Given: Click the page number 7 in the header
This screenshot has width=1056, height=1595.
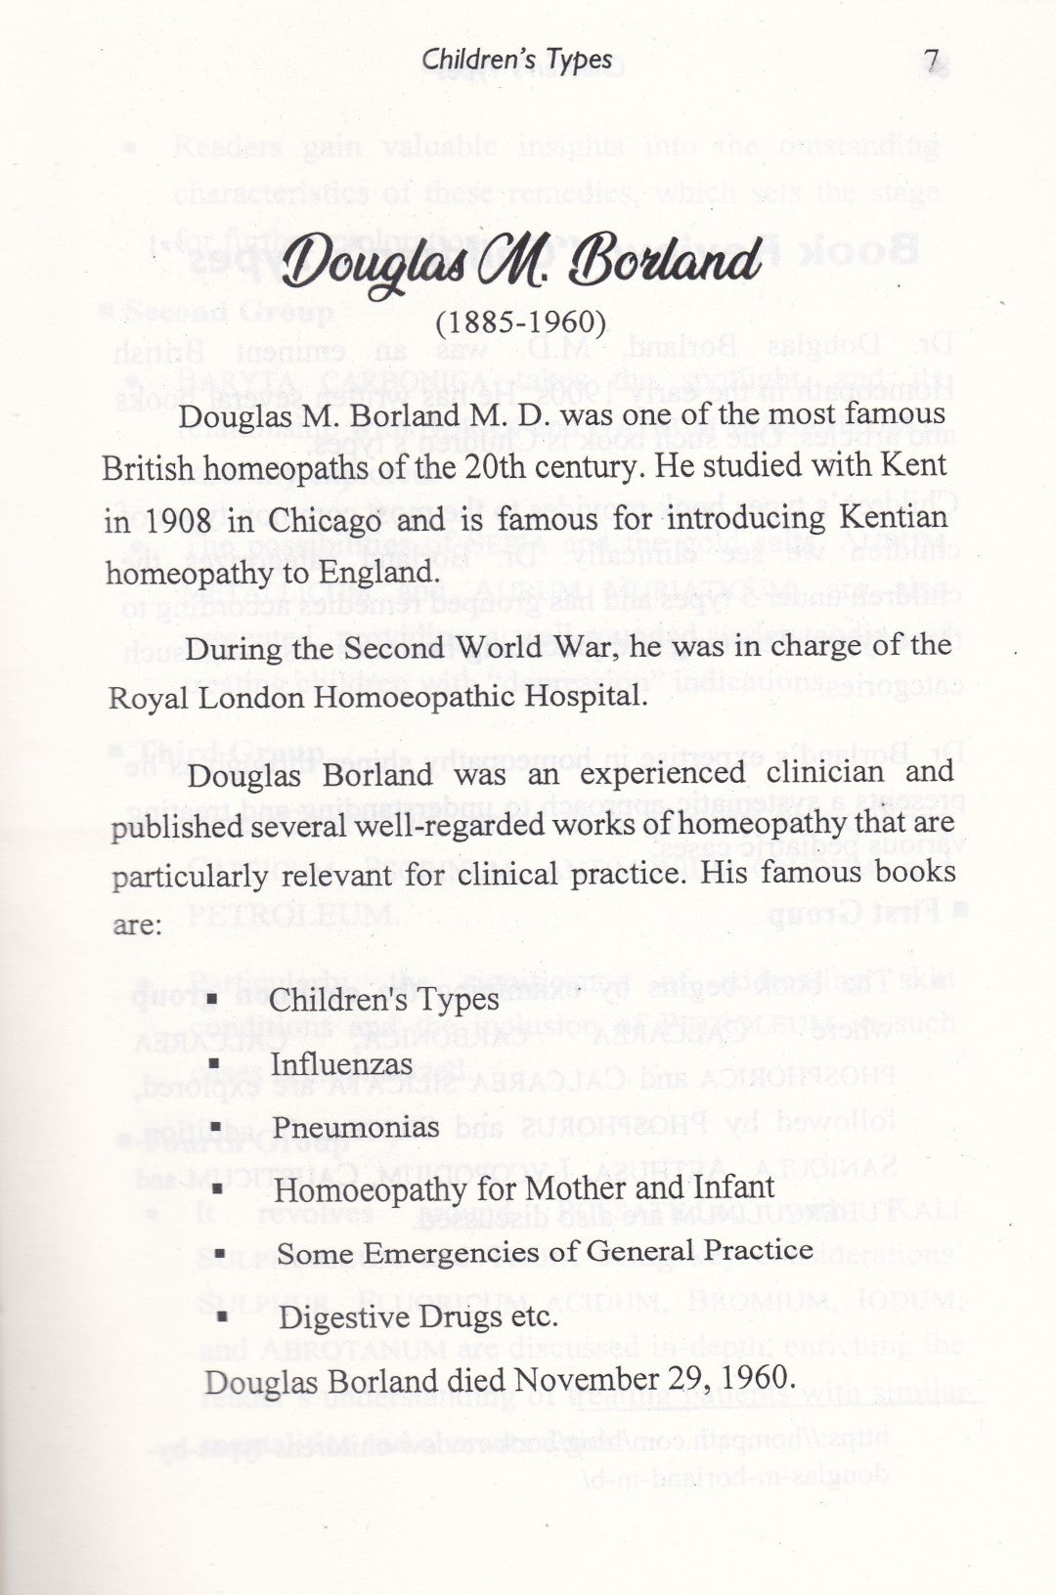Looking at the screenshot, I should [x=932, y=61].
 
